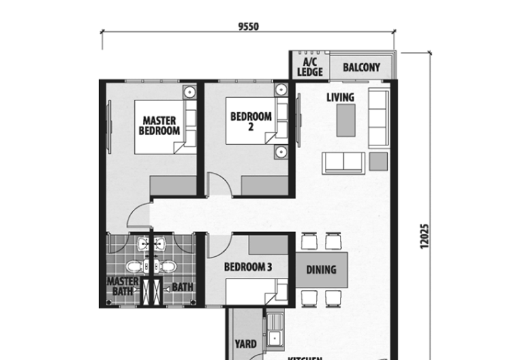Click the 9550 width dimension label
tap(249, 27)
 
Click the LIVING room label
tap(340, 98)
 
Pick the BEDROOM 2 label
tap(251, 122)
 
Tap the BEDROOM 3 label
tap(247, 267)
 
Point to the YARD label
tap(245, 344)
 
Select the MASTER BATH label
tap(123, 286)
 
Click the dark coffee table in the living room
tap(346, 119)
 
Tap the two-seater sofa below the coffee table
tap(343, 162)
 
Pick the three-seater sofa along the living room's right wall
tap(378, 119)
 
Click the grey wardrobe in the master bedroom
tap(173, 185)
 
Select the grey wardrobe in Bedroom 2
tap(264, 185)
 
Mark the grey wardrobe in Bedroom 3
tap(268, 245)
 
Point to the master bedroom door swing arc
tap(138, 215)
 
